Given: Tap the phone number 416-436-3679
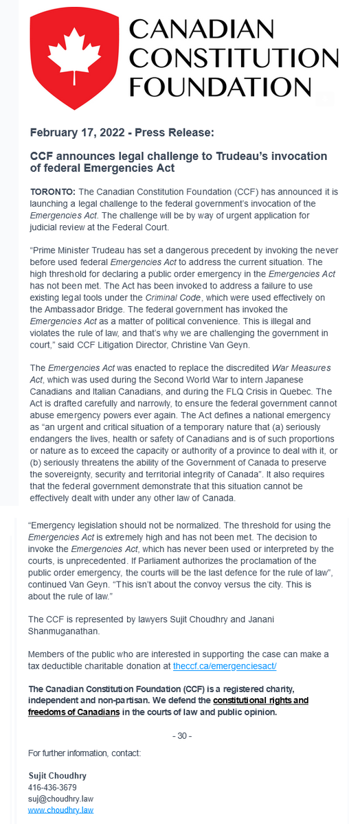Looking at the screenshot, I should tap(52, 788).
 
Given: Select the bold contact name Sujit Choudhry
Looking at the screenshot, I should tap(57, 776).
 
